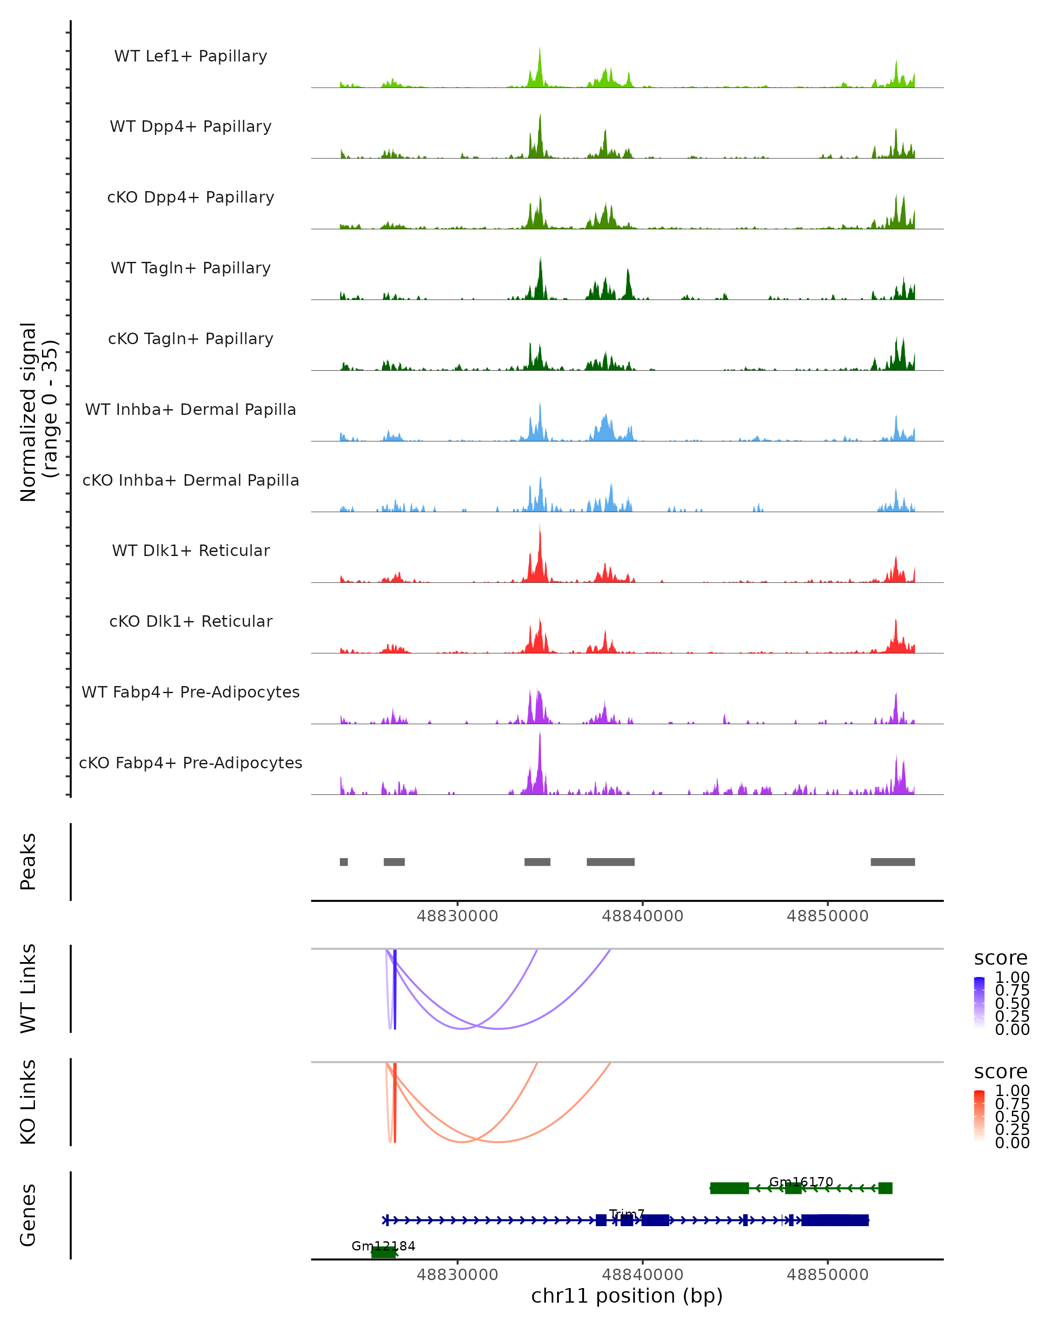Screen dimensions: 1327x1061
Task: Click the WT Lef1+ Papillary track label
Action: (191, 56)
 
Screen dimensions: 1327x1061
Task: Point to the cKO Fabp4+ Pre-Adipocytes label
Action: (191, 763)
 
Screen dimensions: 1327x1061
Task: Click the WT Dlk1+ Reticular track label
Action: (191, 551)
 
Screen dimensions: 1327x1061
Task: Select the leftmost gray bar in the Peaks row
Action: (344, 862)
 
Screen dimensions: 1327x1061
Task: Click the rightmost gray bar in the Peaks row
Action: (893, 862)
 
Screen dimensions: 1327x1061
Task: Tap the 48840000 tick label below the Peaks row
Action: (642, 916)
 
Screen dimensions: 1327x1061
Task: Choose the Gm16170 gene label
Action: (801, 1182)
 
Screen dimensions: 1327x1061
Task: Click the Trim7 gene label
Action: (627, 1214)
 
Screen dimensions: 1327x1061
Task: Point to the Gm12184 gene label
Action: (383, 1246)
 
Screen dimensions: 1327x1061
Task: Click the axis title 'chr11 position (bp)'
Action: (627, 1296)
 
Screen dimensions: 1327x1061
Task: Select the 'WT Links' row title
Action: (28, 989)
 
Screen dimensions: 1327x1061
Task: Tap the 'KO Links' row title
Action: (28, 1102)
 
